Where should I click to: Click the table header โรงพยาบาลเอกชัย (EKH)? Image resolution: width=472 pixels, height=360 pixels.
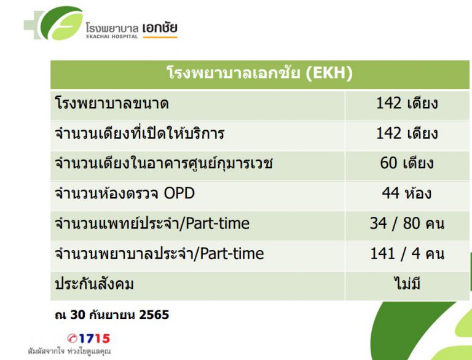coord(259,74)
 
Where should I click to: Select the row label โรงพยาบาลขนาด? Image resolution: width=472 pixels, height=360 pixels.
coord(111,103)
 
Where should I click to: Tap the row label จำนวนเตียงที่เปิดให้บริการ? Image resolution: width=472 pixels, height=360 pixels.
coord(140,133)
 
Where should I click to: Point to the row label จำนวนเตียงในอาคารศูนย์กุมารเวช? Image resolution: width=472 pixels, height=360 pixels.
coord(163,163)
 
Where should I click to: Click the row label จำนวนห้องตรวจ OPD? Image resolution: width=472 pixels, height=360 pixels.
coord(125,194)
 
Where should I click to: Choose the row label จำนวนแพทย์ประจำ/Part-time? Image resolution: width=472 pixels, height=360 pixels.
coord(152,223)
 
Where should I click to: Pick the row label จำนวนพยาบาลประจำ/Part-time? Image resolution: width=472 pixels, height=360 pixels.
coord(159,253)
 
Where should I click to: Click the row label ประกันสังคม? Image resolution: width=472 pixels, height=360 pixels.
coord(94,284)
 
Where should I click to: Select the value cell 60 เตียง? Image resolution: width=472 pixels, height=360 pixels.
coord(407,163)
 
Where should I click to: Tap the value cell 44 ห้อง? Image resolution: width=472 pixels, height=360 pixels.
coord(407,194)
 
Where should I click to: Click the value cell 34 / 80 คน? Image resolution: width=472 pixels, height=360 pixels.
coord(407,223)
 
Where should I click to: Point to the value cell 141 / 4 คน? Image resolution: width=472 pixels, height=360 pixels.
coord(407,253)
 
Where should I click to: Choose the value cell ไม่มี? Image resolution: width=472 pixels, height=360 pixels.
coord(407,284)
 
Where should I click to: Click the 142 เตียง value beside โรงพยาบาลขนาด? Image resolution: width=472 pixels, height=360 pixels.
coord(407,103)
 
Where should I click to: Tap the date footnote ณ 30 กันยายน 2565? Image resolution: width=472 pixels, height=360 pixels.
coord(112,315)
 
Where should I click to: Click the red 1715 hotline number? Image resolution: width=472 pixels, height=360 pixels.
coord(89,338)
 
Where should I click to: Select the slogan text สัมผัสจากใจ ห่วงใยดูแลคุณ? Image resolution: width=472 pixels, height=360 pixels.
coord(69,352)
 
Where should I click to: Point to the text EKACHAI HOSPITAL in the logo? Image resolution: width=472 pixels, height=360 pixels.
coord(112,36)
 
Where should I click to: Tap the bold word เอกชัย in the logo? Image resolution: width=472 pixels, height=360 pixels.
coord(159,27)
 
